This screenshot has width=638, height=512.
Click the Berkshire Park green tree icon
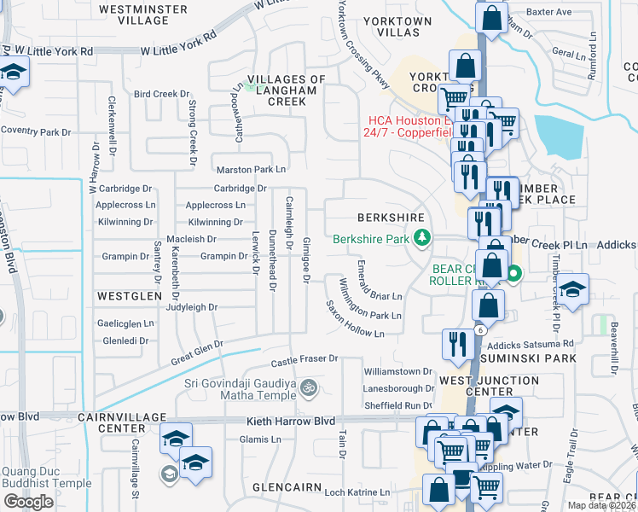[420, 240]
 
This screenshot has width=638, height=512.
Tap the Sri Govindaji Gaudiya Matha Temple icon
[310, 388]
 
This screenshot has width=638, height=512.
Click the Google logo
[28, 501]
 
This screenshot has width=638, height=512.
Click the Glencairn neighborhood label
[287, 487]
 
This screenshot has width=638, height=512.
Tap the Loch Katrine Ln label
[357, 493]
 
